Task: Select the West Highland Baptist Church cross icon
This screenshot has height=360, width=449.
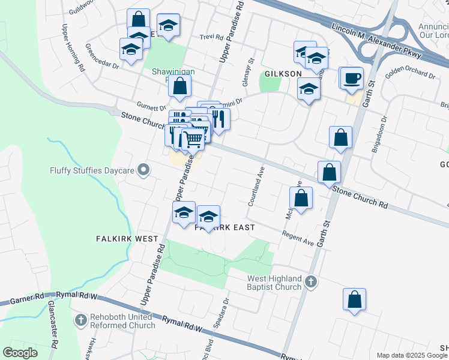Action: pyautogui.click(x=310, y=281)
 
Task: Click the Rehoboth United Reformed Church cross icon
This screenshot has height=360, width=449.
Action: pyautogui.click(x=81, y=320)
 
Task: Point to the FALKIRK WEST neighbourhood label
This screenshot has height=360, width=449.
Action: pyautogui.click(x=127, y=238)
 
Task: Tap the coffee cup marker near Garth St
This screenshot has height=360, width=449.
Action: pyautogui.click(x=353, y=77)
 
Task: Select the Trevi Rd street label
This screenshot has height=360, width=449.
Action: pyautogui.click(x=211, y=37)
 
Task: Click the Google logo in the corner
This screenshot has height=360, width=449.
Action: pyautogui.click(x=20, y=353)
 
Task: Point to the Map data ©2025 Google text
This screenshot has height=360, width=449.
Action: pyautogui.click(x=412, y=355)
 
